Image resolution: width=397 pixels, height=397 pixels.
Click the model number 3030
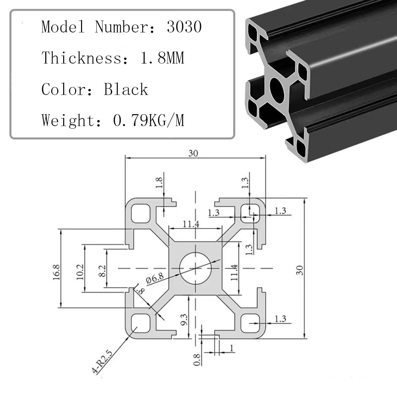184,26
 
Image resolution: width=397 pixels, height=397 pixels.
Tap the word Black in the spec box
126,89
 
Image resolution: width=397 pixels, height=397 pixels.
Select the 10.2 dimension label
80,272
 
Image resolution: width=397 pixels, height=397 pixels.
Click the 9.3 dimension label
184,319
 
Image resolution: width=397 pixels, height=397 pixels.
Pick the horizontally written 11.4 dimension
191,224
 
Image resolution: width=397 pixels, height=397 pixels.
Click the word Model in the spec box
63,26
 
